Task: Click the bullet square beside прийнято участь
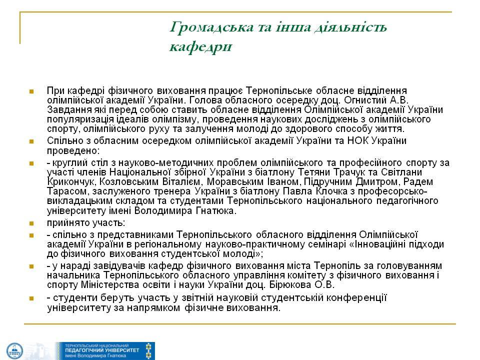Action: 31,223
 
